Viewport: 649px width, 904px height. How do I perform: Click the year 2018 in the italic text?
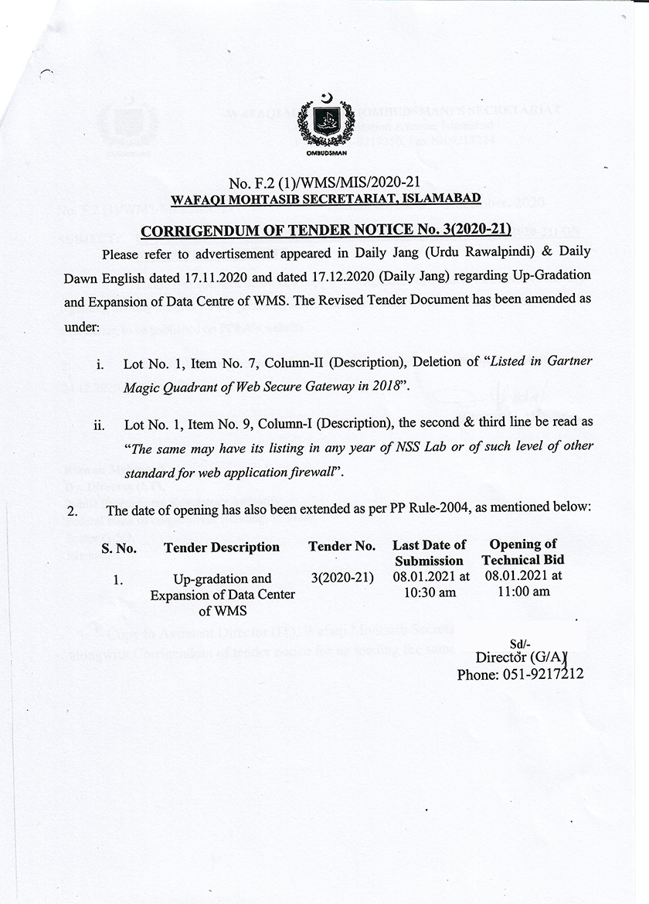coord(389,384)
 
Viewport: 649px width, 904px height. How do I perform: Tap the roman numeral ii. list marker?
coord(100,425)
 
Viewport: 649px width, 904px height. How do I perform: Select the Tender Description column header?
coord(222,548)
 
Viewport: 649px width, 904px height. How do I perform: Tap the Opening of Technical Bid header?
coord(523,552)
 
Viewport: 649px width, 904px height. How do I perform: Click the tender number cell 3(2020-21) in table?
coord(342,578)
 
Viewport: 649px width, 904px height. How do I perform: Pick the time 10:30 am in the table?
coord(430,592)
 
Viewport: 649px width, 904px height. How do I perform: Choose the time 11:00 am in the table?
coord(523,592)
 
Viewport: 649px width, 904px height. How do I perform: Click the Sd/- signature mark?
coord(518,643)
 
